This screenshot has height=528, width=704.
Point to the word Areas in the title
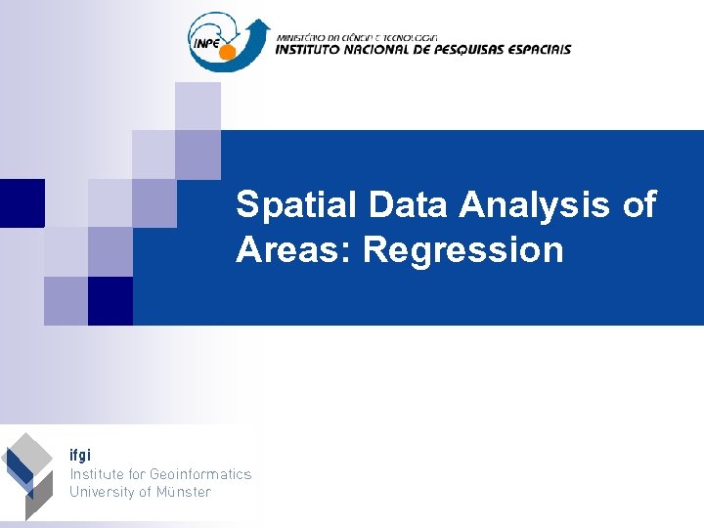(294, 250)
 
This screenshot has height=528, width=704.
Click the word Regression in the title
(464, 250)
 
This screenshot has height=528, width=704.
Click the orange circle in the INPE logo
(228, 51)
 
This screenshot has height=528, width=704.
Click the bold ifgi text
(80, 456)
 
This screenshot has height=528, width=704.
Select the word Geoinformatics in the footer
(200, 474)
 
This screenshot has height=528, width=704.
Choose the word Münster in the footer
(183, 492)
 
